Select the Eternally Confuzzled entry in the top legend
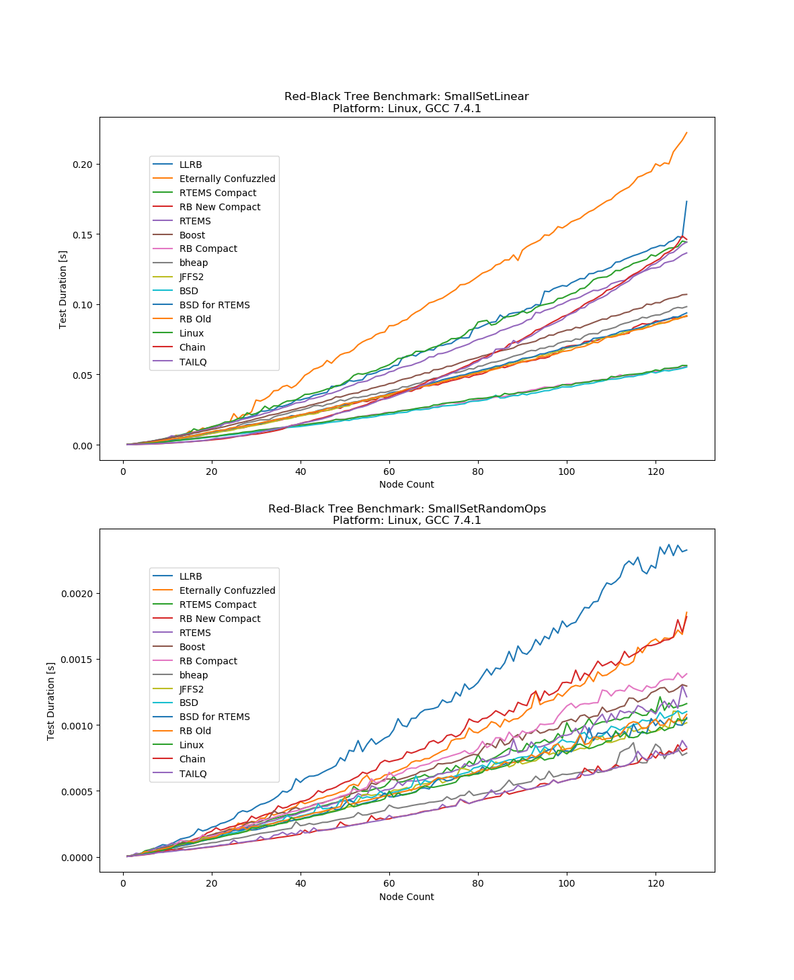227,179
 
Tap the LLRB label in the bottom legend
190,576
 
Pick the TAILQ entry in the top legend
193,362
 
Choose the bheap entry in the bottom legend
194,675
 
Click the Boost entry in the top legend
192,235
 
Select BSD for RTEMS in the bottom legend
214,717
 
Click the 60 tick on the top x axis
389,472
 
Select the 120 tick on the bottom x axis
656,883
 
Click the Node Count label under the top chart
406,484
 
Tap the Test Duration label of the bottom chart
51,701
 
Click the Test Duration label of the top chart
63,289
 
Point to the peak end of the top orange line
686,133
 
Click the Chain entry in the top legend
192,347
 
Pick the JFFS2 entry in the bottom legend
192,689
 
